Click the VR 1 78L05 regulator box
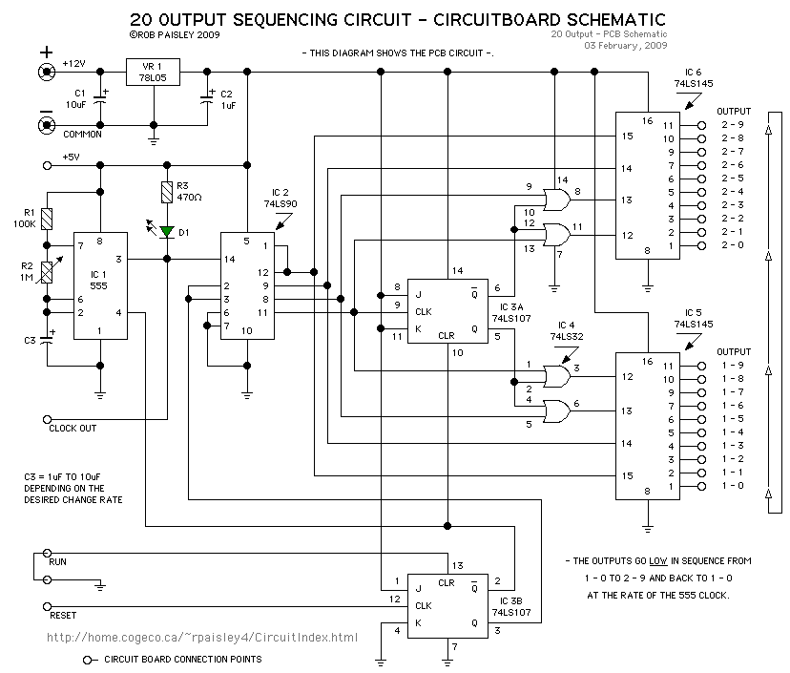154,72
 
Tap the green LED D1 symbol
168,231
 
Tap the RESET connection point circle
47,605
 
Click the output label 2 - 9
733,125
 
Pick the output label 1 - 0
733,486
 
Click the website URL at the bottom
202,638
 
